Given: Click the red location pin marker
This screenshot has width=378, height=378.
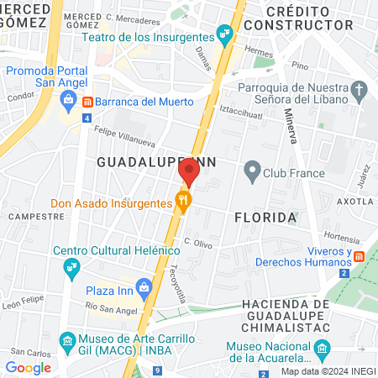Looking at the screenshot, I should [189, 172].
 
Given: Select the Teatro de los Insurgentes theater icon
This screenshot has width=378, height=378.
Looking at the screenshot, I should [223, 34].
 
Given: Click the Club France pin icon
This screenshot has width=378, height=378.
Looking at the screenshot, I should [251, 174].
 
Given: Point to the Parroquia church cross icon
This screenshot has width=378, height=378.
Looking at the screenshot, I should [360, 90].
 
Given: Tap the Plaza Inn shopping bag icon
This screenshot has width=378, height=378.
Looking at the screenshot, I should [145, 288].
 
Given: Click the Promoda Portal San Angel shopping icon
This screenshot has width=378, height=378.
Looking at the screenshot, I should [67, 98].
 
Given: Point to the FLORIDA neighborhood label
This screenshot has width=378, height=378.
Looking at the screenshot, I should [265, 218].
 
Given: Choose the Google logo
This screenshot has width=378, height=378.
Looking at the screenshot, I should [28, 367].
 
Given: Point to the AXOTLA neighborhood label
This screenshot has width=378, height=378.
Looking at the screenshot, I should [354, 202].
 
